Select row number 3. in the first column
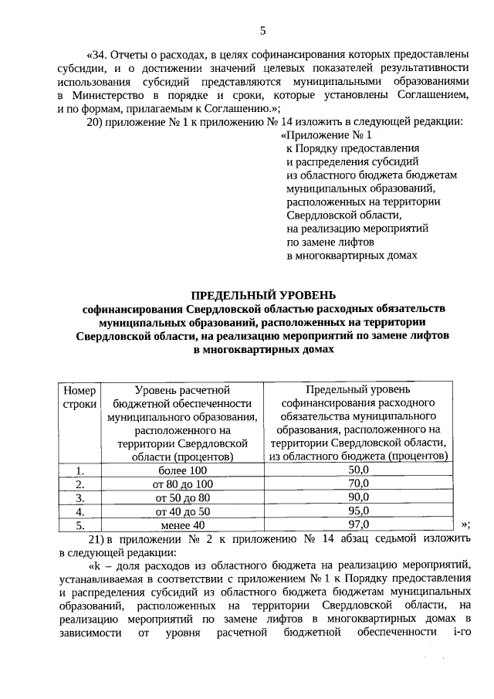(80, 497)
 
